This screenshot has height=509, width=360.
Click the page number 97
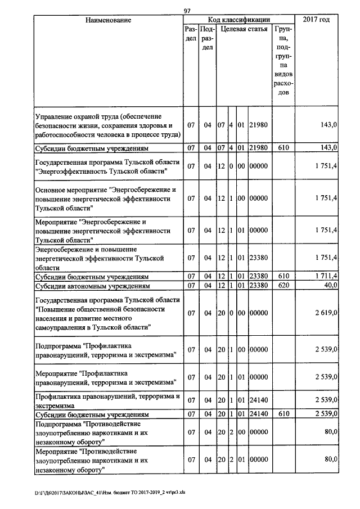tap(187, 11)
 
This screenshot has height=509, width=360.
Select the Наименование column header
tap(108, 20)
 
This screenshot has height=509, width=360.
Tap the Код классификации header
tap(239, 20)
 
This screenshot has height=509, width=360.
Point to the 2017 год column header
tap(316, 20)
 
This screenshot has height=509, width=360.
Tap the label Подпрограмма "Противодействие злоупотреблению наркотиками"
tap(91, 431)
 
